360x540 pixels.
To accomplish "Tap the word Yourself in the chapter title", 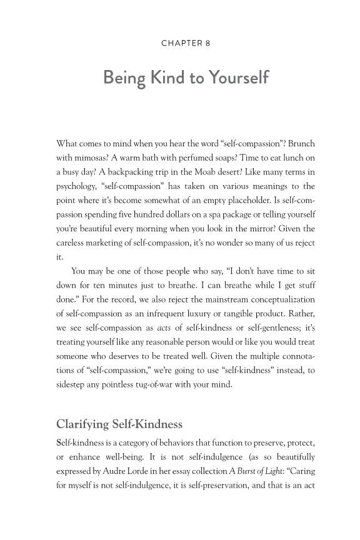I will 234,79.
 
